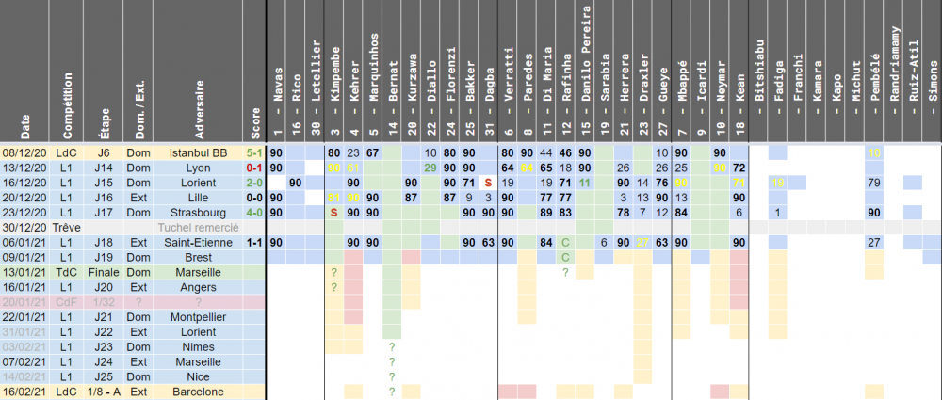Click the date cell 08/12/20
click(x=22, y=152)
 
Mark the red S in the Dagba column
click(x=487, y=183)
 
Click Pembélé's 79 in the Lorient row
click(x=873, y=183)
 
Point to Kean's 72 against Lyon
click(x=739, y=168)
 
